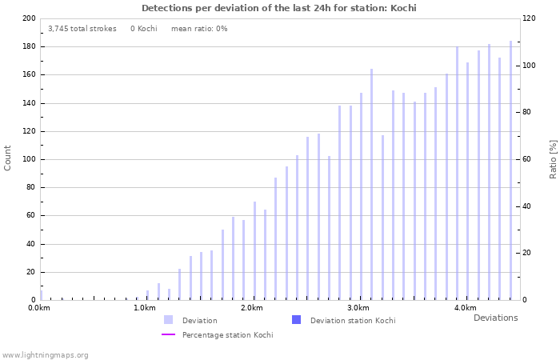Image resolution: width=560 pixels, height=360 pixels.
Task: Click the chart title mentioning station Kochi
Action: tap(279, 8)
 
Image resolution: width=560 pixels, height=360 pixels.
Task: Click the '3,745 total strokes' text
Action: tap(82, 29)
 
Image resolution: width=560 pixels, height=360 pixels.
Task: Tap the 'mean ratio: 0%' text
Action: tap(199, 29)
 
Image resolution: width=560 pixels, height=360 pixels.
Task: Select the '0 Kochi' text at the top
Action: tap(144, 29)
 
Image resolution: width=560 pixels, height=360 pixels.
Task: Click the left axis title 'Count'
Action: tap(8, 158)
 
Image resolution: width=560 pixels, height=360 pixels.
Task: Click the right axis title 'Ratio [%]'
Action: tap(553, 158)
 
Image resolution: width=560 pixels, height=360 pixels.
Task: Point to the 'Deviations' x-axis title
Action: tap(495, 318)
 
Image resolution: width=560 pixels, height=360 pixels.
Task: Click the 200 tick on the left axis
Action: tap(29, 18)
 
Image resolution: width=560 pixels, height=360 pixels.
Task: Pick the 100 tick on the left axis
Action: tap(29, 159)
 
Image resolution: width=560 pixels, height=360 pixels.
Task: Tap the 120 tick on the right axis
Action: tap(530, 18)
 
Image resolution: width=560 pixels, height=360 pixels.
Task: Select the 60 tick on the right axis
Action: tap(529, 159)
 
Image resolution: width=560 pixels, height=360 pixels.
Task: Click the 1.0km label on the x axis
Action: tap(146, 308)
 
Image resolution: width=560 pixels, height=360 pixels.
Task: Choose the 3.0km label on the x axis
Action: tap(358, 308)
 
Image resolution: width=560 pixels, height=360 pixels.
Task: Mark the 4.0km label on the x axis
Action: tap(465, 308)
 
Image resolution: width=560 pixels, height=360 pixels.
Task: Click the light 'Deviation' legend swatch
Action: tap(168, 320)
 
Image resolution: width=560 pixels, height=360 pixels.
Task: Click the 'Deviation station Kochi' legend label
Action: tap(353, 321)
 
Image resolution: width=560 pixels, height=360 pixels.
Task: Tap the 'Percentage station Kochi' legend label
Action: tap(227, 335)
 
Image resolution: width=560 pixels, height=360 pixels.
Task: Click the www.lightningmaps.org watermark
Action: tap(46, 354)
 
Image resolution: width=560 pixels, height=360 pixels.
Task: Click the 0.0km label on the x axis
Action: tap(40, 308)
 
